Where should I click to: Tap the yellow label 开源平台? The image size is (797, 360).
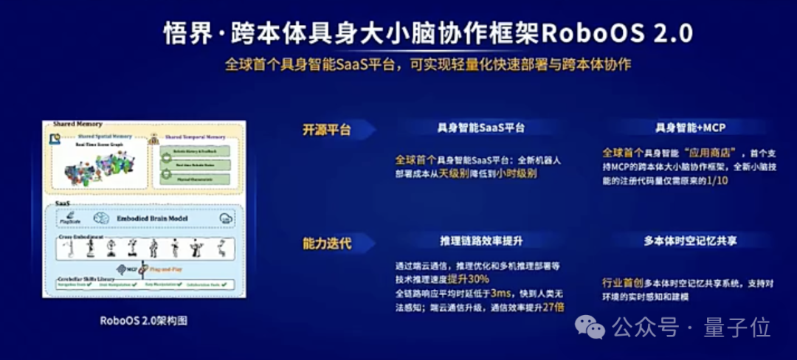326,130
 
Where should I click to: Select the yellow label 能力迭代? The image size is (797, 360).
326,243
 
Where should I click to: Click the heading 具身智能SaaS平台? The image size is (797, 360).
481,128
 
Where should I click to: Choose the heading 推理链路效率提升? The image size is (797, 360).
481,240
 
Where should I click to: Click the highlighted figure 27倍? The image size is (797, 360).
553,307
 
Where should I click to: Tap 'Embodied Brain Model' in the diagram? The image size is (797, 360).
151,218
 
